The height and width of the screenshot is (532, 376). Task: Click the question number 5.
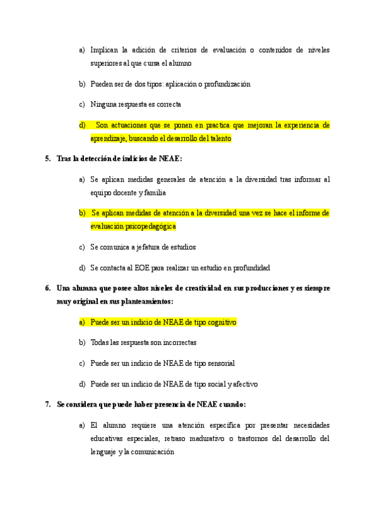point(48,159)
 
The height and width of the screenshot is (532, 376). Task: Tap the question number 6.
point(48,289)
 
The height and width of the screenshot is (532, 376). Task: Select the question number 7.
point(48,405)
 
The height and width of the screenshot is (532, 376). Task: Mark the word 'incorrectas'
point(179,343)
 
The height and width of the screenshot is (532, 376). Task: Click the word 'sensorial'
point(219,363)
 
